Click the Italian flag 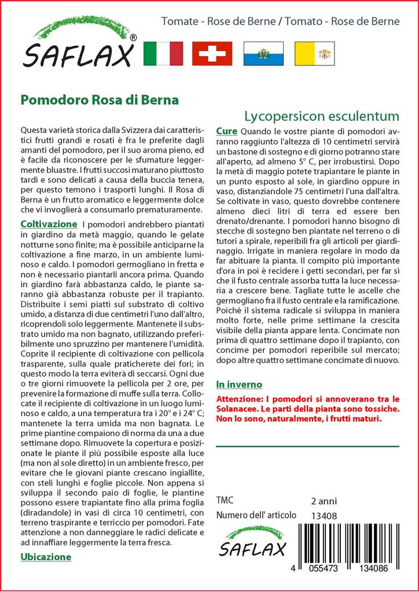[x=163, y=53]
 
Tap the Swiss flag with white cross [x=212, y=53]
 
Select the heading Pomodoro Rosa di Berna [x=99, y=99]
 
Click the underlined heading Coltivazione [x=49, y=224]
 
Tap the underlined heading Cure [x=226, y=131]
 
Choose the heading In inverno [x=238, y=384]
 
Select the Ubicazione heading [x=46, y=557]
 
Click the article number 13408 [x=324, y=516]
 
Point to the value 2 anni [x=324, y=501]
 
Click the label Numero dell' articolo [x=256, y=515]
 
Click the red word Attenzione [x=240, y=399]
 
